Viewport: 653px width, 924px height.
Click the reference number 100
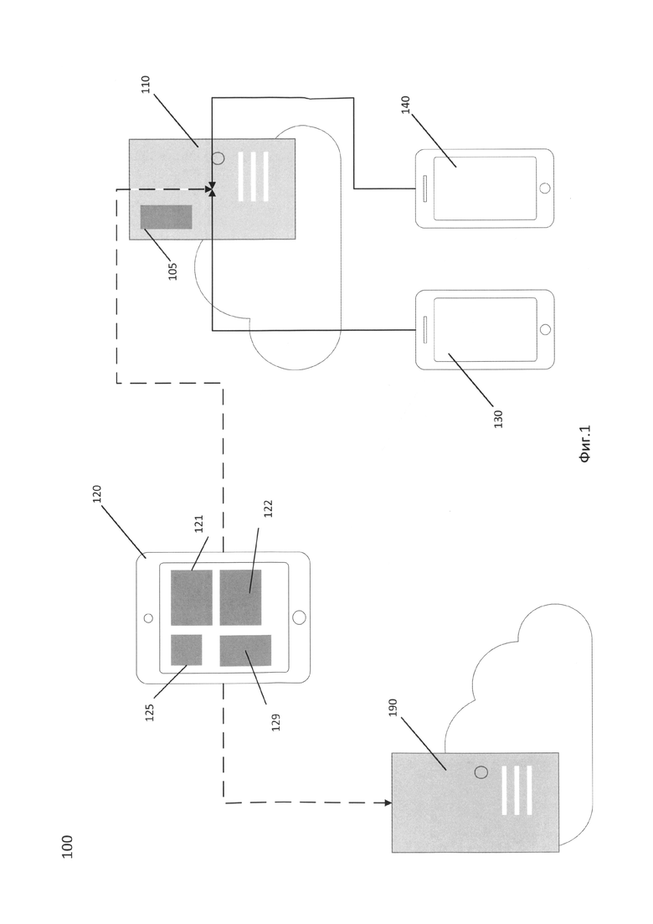click(x=67, y=846)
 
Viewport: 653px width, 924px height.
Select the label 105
click(x=172, y=271)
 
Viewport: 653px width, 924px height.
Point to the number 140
click(x=406, y=105)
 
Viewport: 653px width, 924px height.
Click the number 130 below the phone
click(x=498, y=418)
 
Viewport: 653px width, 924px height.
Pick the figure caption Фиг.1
click(x=584, y=444)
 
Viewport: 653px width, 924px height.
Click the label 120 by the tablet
click(x=97, y=494)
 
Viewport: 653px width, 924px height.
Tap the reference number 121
click(x=198, y=524)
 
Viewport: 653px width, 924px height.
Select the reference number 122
click(x=268, y=508)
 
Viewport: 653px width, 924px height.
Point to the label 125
click(x=150, y=712)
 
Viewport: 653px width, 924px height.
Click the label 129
click(x=275, y=722)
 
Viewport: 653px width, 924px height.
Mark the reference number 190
click(x=393, y=707)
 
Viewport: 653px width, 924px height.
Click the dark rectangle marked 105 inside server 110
click(x=166, y=217)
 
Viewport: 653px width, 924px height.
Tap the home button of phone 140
click(x=545, y=188)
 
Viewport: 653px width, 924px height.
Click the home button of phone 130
click(x=545, y=329)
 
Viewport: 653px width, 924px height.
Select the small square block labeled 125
click(x=187, y=650)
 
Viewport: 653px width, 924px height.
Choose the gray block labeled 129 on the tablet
click(x=245, y=651)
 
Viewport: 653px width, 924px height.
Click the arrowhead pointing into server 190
click(x=388, y=803)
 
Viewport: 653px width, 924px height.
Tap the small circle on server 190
click(x=481, y=772)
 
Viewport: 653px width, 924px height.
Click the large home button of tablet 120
click(x=299, y=617)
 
